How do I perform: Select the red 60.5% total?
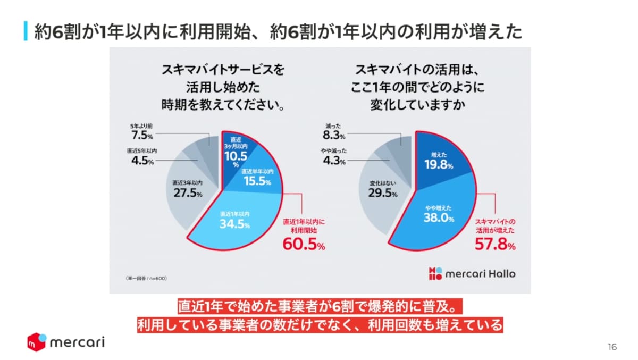304,245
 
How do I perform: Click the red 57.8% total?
495,245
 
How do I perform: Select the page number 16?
612,347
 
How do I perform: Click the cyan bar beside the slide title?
26,31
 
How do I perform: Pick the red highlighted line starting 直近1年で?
319,306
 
